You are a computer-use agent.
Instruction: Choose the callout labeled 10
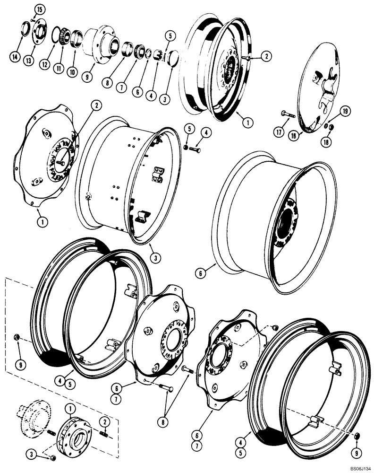pos(73,71)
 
